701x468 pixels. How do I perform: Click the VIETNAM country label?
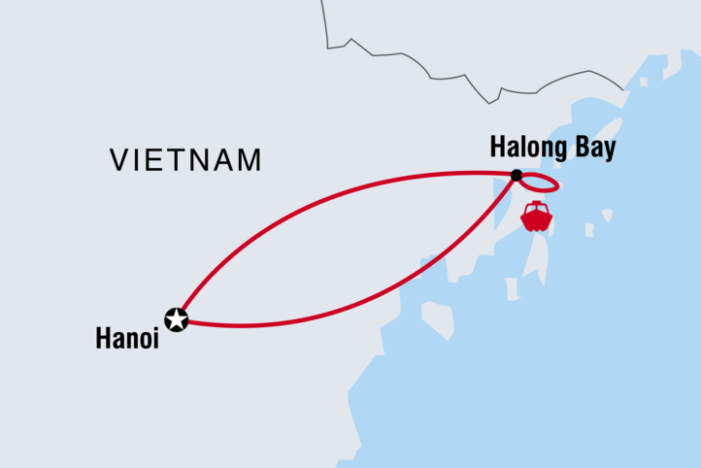tap(185, 159)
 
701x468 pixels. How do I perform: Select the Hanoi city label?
tap(126, 339)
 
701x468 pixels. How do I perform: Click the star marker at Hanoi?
tap(177, 318)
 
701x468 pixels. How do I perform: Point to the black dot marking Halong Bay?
tap(517, 176)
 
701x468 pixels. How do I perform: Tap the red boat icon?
tap(536, 217)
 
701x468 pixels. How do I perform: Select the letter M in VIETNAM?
tap(249, 159)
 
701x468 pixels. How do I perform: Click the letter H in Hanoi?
tap(103, 339)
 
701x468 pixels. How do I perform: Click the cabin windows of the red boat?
tap(536, 209)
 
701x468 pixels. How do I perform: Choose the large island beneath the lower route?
tap(438, 319)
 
